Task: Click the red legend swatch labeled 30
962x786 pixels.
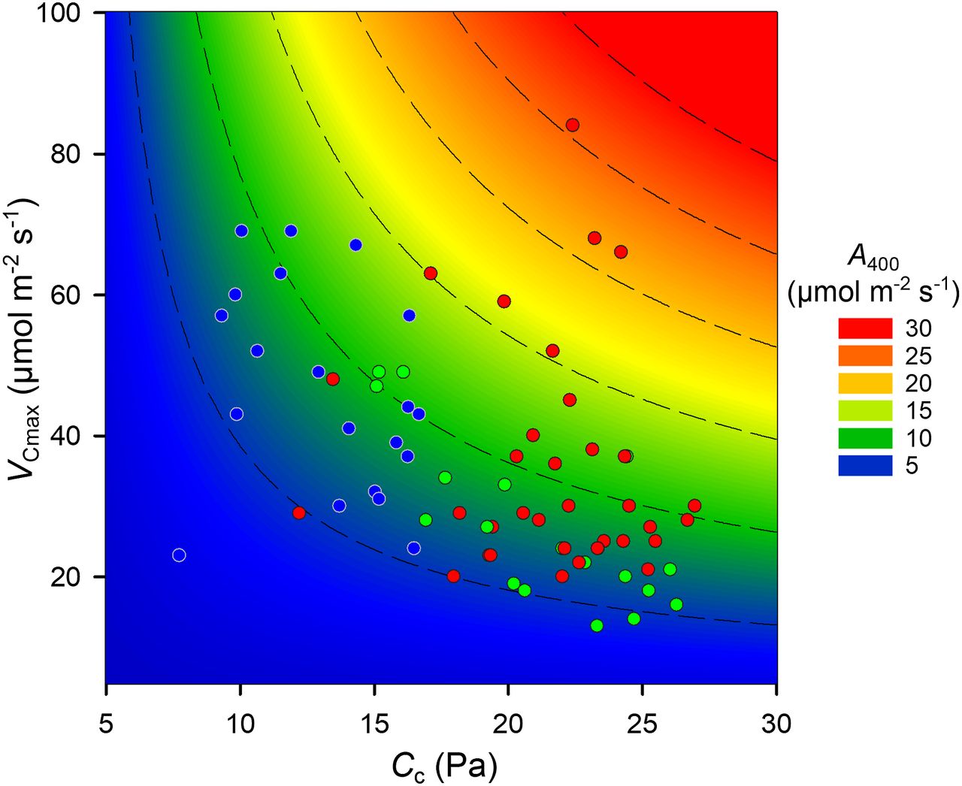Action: click(x=865, y=328)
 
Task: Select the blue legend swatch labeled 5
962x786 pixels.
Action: click(x=865, y=465)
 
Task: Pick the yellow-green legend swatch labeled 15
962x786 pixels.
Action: click(x=865, y=410)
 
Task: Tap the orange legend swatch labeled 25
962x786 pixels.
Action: click(x=865, y=355)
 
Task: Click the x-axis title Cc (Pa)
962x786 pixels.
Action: click(x=443, y=766)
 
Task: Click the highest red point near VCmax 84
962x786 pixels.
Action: click(x=573, y=125)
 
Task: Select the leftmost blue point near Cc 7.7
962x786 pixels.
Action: click(x=179, y=555)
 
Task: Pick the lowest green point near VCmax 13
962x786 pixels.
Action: click(x=597, y=625)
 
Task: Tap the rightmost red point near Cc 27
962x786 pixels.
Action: click(x=694, y=506)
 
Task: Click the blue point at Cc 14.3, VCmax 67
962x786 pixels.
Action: click(x=355, y=245)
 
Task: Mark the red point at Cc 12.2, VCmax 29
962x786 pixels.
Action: click(x=299, y=513)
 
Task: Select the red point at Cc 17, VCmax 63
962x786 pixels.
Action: click(x=431, y=273)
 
